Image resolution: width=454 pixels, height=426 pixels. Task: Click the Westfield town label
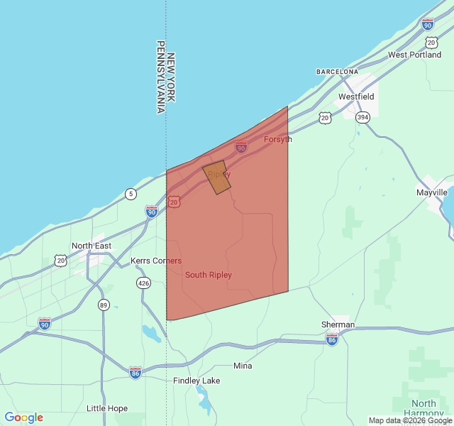356,97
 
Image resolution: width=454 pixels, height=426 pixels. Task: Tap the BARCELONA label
337,72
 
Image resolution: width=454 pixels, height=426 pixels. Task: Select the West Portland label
414,55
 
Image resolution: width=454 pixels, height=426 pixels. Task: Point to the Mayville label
431,192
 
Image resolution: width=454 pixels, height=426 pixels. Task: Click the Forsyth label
277,139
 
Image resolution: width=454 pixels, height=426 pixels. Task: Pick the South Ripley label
208,275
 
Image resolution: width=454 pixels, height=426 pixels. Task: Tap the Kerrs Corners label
156,261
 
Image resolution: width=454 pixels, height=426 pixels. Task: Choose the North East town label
91,246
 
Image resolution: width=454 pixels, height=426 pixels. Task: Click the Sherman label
338,324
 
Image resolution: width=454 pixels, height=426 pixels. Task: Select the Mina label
243,366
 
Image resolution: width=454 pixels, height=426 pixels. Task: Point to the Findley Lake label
196,381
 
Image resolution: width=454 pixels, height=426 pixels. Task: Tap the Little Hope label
107,408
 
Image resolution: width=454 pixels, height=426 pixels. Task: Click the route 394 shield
362,117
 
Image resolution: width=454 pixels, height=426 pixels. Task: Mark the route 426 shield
144,283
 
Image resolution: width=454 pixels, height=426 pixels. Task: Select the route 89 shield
104,305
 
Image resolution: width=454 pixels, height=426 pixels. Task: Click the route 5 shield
131,194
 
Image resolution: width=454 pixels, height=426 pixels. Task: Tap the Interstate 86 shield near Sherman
332,340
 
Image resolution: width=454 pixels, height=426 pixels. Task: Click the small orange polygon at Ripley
217,177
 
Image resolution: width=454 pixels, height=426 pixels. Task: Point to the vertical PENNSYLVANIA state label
160,77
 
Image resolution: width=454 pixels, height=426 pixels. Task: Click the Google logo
23,417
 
